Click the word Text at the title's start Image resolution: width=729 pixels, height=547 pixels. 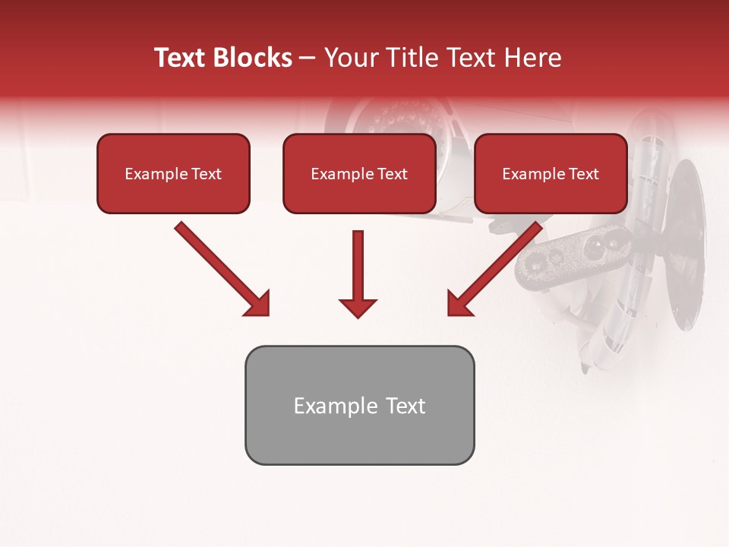point(180,58)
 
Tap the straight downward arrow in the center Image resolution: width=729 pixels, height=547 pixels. point(358,270)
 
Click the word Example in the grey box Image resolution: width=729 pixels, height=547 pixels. point(326,406)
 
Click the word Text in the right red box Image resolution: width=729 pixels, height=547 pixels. point(583,174)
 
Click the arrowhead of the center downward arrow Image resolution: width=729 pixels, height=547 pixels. point(358,308)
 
